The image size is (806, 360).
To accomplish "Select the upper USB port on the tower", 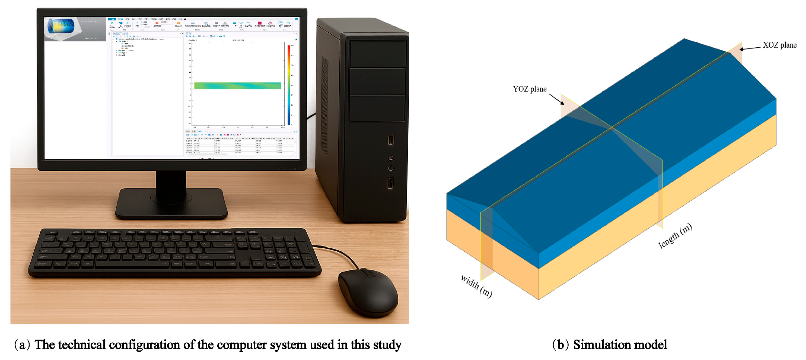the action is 391,140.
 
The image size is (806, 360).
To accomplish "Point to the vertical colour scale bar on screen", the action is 288,85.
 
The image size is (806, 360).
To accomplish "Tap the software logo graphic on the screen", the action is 61,27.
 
